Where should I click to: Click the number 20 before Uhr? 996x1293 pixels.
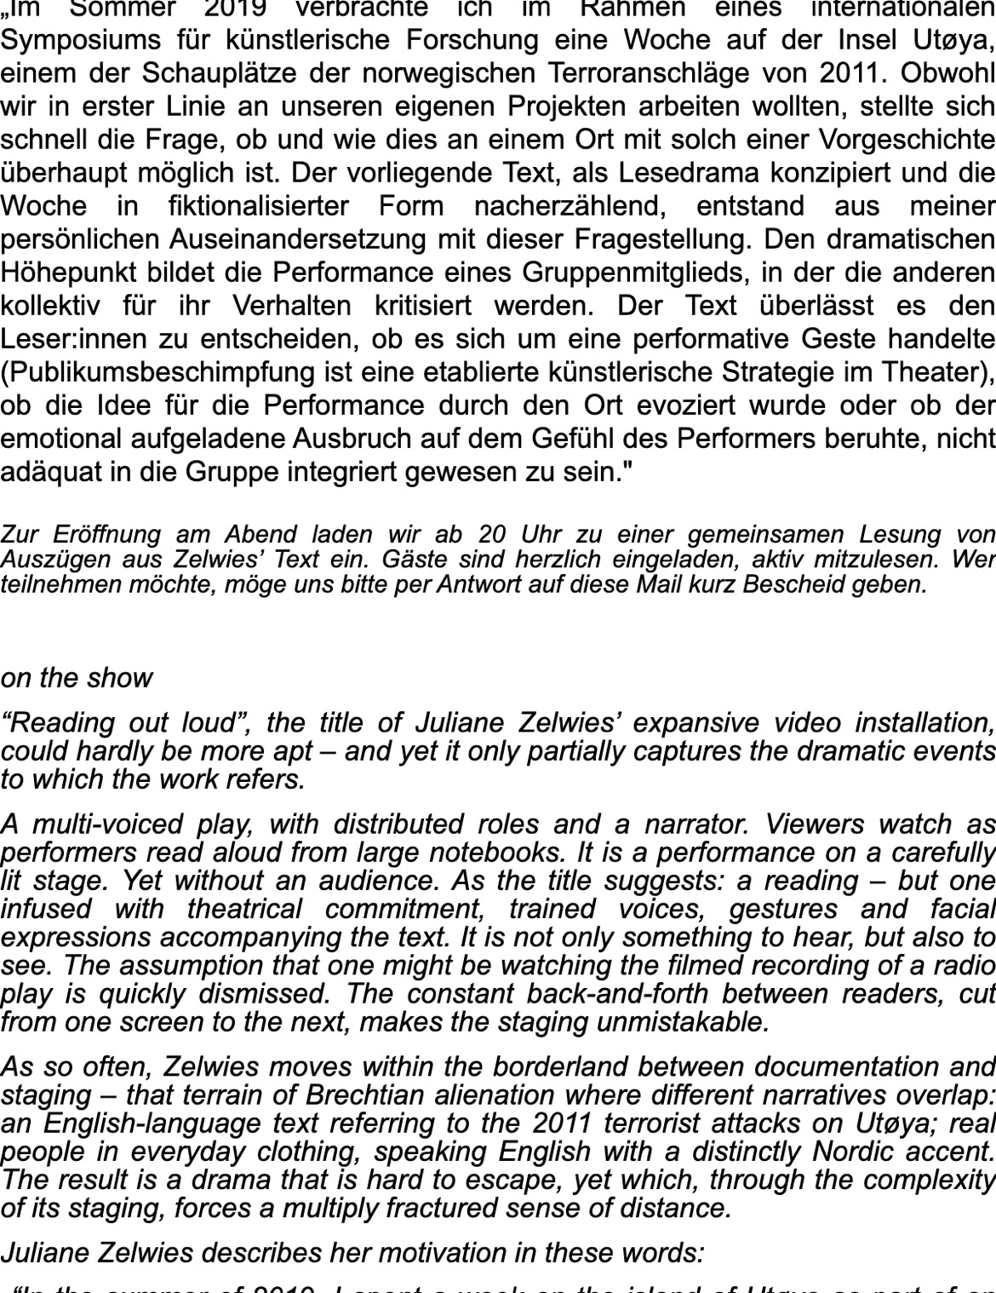(x=492, y=535)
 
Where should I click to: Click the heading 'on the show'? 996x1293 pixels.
(x=77, y=678)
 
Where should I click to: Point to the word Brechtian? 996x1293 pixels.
(x=367, y=1095)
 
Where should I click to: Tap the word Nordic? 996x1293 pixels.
(x=864, y=1152)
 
